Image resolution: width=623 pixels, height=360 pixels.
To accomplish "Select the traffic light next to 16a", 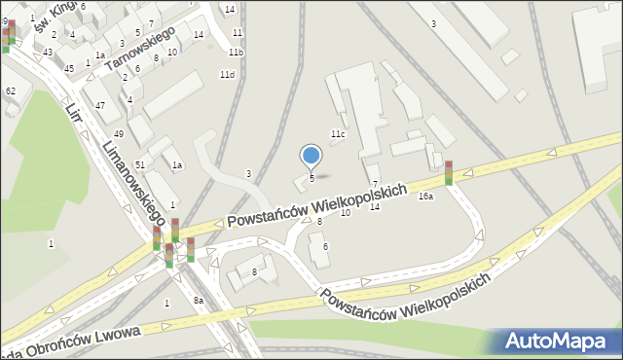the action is coord(449,172).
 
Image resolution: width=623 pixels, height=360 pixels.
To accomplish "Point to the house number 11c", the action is coord(337,133).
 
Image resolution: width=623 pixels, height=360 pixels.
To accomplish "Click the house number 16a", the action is coord(425,197).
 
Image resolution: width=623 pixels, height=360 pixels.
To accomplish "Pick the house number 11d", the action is coord(227,75).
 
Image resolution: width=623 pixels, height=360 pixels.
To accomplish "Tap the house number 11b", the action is coord(236,51).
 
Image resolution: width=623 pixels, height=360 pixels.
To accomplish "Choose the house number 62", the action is coord(10,90).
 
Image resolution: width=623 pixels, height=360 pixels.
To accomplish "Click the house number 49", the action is coord(118,133).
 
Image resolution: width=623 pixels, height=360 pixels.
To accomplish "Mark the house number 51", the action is coord(140,165).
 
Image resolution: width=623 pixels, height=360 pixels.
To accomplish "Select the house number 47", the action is coord(100,104).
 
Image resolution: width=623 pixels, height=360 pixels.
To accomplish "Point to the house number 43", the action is coord(47,52).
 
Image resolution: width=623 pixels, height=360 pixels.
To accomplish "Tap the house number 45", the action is coord(68,69).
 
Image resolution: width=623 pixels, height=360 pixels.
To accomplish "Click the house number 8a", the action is coord(198,301).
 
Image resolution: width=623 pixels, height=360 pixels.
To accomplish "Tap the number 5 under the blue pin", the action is coord(311,179).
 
